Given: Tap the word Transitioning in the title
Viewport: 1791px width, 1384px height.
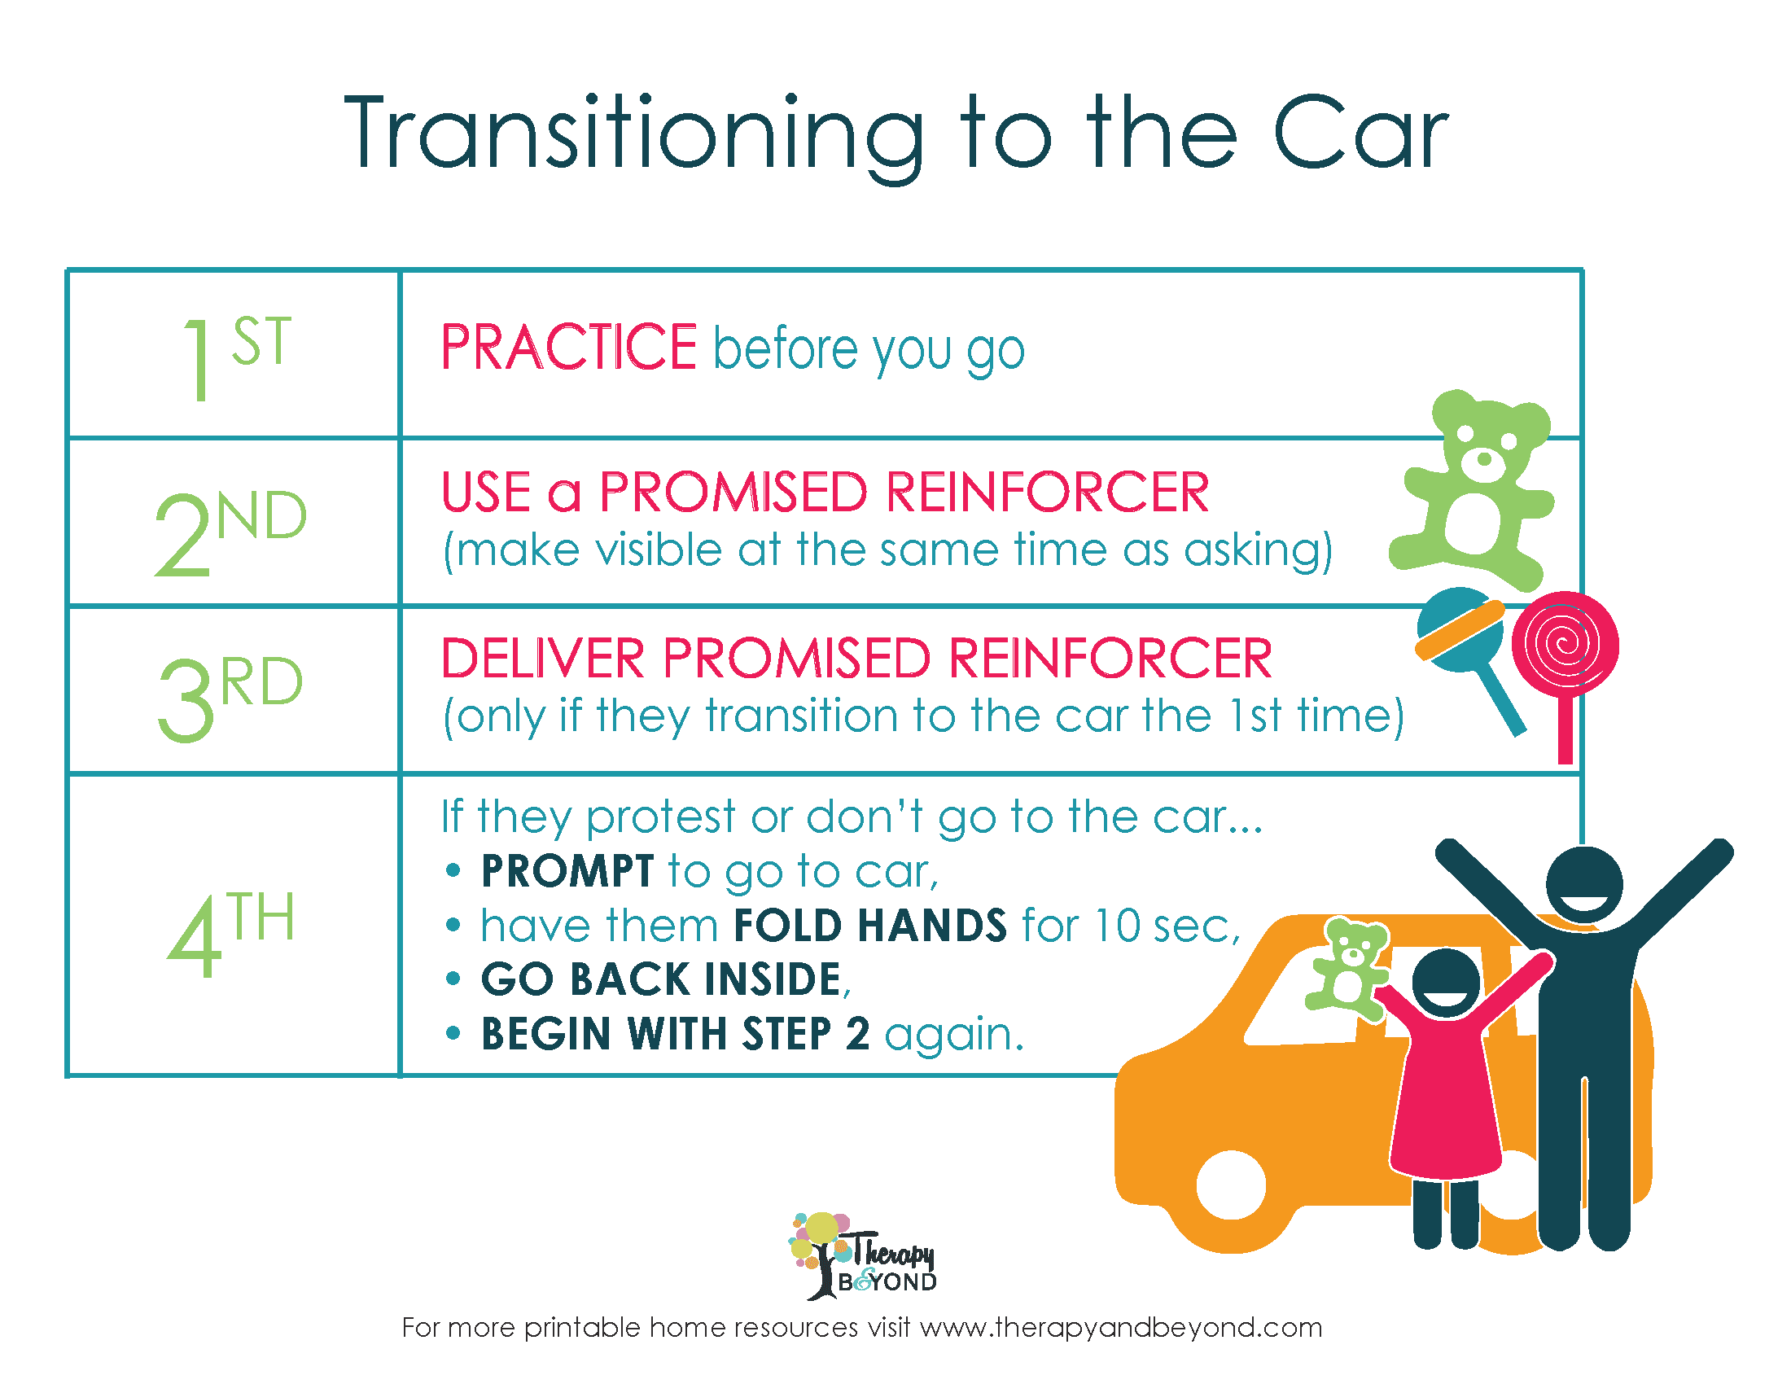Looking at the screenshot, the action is click(634, 136).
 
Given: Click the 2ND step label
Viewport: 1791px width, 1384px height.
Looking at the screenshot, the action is click(230, 533).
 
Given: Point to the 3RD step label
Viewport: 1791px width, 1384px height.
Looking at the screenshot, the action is click(230, 699).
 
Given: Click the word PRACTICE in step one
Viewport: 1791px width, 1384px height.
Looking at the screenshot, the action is click(569, 348).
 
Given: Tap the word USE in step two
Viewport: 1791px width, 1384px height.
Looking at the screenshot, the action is click(486, 492).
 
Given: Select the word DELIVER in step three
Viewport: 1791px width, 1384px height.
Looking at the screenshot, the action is click(543, 659).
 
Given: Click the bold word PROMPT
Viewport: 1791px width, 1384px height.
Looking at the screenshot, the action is click(567, 871).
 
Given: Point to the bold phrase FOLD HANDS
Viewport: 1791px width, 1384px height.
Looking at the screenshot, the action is click(870, 926).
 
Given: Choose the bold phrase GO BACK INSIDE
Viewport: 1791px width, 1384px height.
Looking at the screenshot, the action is click(661, 979).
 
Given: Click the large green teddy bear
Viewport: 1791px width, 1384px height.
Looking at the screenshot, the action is click(1472, 490).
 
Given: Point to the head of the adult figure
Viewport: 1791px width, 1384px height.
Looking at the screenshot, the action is click(1584, 885).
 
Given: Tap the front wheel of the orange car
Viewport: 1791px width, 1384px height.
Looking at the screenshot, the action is click(1231, 1185).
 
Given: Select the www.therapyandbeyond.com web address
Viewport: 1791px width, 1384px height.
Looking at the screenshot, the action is click(1121, 1329).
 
